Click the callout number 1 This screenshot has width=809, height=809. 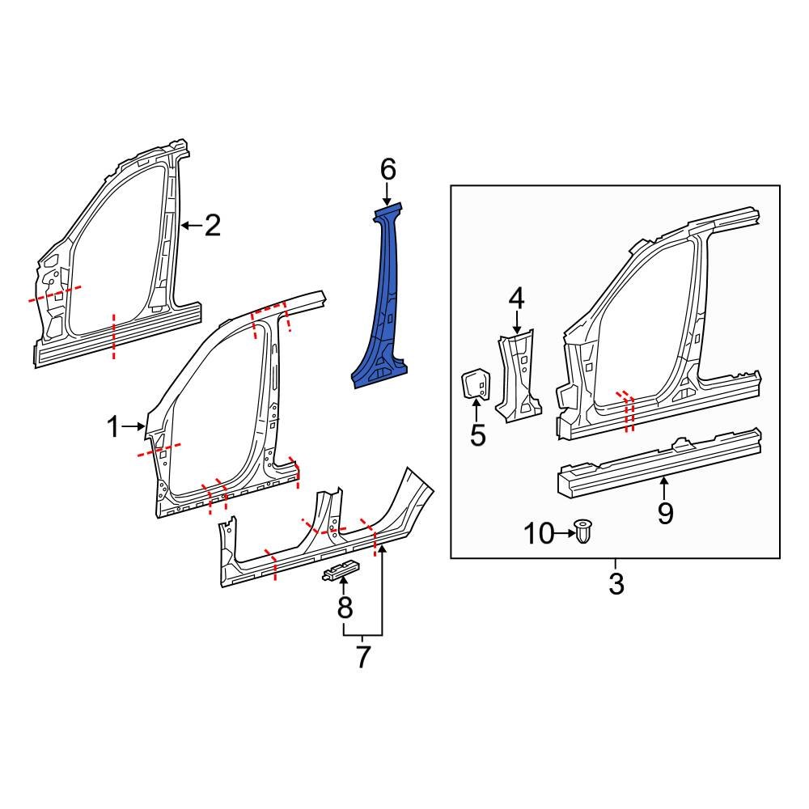[114, 426]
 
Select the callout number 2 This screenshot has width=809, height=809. [212, 226]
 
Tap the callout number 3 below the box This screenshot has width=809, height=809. [616, 583]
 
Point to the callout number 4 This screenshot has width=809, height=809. [516, 299]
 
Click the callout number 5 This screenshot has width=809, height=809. [477, 435]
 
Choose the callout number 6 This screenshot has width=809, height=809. [388, 170]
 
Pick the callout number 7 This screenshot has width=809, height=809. [363, 656]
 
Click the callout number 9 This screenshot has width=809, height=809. [665, 513]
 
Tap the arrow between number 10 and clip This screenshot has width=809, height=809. [563, 533]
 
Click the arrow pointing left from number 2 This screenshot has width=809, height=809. [191, 226]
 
